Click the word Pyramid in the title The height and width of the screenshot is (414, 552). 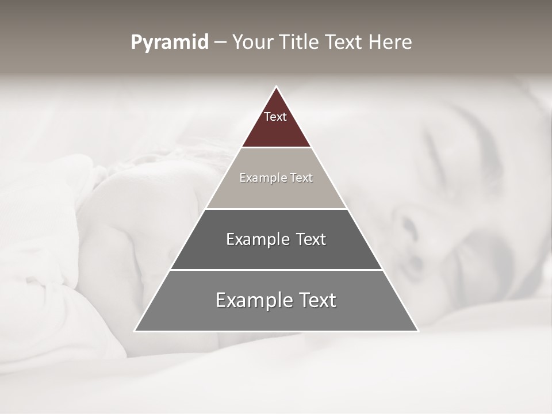[x=170, y=43]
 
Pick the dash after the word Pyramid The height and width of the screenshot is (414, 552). [x=220, y=43]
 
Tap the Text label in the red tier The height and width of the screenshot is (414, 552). [x=275, y=117]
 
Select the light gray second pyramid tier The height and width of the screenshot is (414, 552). [x=276, y=193]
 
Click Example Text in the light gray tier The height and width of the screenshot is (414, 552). [x=276, y=178]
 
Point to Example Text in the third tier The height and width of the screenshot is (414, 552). [x=276, y=239]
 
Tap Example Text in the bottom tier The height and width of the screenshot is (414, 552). [x=276, y=300]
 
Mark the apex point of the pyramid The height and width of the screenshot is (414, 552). [x=276, y=87]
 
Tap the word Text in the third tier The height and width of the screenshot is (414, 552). [x=310, y=239]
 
